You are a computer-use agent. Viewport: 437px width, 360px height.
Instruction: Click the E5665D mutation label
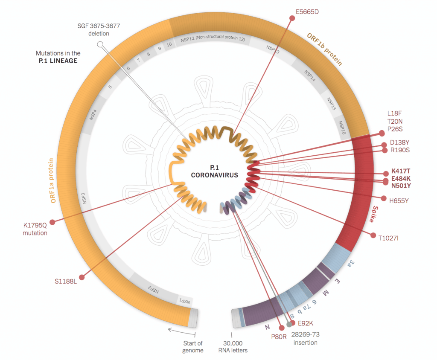(307, 12)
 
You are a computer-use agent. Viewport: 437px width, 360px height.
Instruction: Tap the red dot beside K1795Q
(52, 222)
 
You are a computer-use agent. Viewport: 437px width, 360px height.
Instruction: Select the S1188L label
(65, 281)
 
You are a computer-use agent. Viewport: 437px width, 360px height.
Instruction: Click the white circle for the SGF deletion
(100, 44)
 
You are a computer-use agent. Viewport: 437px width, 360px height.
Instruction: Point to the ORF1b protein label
(325, 49)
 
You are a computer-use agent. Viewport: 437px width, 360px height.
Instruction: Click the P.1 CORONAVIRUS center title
(214, 171)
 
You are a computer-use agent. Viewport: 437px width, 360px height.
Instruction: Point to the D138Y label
(399, 142)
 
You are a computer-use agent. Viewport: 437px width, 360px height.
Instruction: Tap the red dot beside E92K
(292, 323)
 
